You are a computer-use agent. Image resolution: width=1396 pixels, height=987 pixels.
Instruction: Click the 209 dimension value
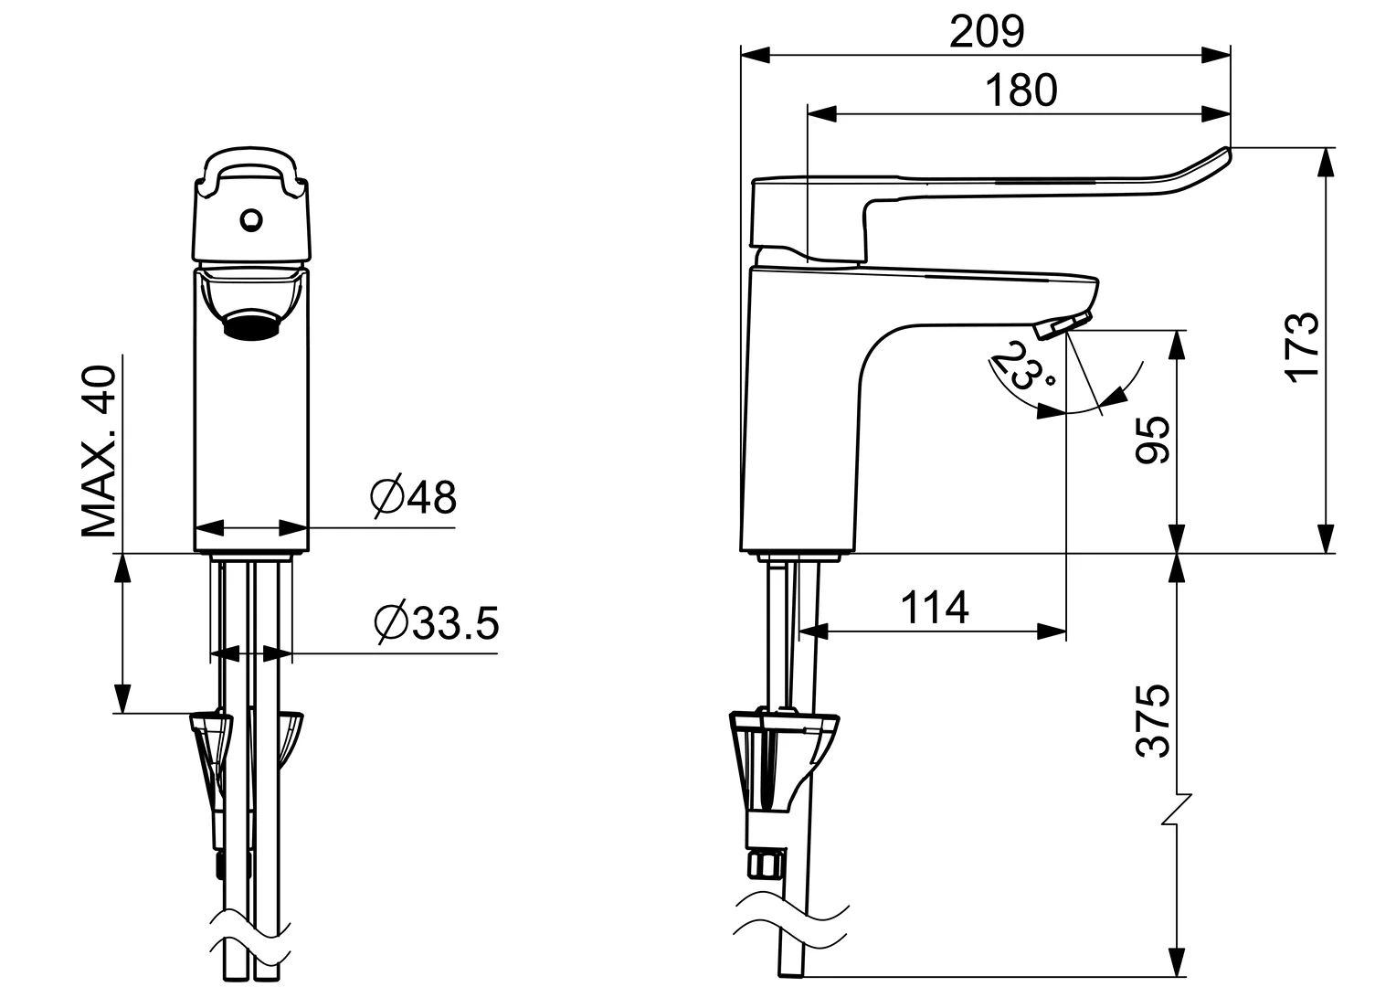click(x=987, y=33)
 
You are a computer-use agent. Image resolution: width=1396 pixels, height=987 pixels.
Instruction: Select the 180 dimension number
click(x=1021, y=90)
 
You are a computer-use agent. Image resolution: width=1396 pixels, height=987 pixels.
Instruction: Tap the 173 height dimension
click(x=1303, y=345)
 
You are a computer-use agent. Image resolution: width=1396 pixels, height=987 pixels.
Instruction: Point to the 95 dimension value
click(x=1153, y=440)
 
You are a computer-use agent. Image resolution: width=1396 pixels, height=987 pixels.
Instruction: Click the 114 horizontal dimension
click(x=935, y=608)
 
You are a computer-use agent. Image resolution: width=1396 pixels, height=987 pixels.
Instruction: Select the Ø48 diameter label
click(x=413, y=497)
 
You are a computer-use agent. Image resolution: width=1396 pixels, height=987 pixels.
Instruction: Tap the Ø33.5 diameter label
click(x=436, y=623)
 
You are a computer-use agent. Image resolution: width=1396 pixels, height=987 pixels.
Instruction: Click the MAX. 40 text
click(x=100, y=451)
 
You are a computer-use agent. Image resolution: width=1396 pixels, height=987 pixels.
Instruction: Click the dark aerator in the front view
click(x=249, y=324)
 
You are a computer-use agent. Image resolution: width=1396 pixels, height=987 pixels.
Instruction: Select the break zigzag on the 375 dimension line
click(x=1178, y=809)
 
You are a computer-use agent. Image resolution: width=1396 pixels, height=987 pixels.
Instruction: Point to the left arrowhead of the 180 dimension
click(x=822, y=113)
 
